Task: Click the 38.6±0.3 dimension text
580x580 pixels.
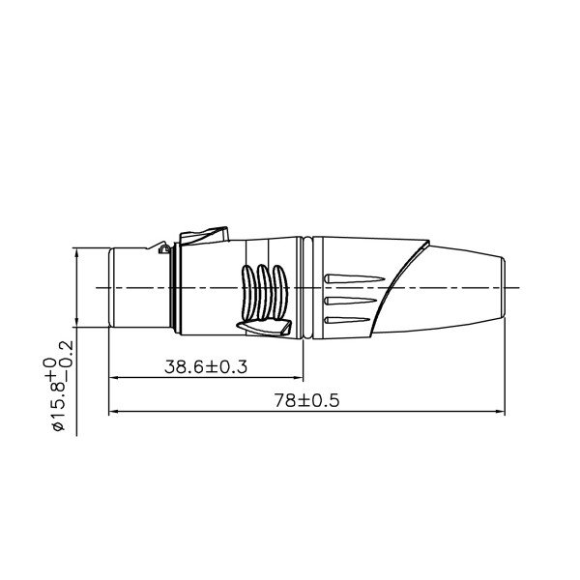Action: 205,366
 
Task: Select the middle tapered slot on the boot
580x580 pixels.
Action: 354,302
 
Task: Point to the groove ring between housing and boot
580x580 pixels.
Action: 304,288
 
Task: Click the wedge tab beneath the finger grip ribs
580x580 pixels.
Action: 263,330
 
